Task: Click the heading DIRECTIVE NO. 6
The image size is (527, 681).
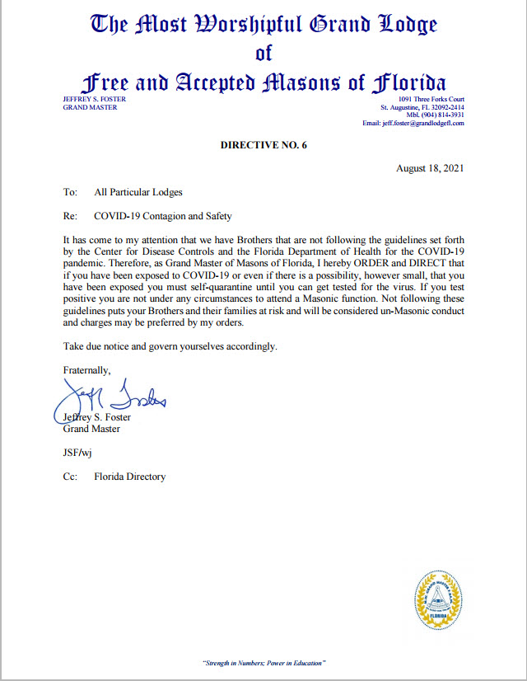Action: pyautogui.click(x=263, y=145)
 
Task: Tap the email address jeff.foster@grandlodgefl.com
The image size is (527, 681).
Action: pyautogui.click(x=413, y=123)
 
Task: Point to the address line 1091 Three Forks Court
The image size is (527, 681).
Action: pyautogui.click(x=431, y=99)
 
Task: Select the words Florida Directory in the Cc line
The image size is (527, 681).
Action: pyautogui.click(x=129, y=477)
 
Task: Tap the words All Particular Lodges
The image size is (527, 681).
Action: pyautogui.click(x=138, y=192)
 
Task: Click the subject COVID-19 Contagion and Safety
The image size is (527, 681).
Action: pyautogui.click(x=163, y=216)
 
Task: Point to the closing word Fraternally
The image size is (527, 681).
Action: pyautogui.click(x=86, y=370)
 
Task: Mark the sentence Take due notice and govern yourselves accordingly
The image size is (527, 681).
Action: pyautogui.click(x=170, y=346)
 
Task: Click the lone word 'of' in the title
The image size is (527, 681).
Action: pyautogui.click(x=263, y=54)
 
